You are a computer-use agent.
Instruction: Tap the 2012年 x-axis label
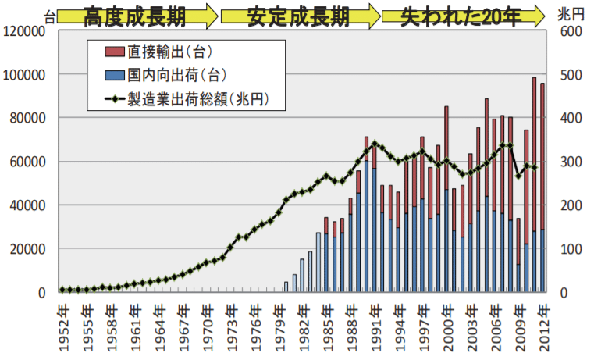point(543,324)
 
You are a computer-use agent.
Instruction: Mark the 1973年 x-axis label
point(230,324)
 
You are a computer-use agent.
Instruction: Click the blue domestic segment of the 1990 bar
point(366,226)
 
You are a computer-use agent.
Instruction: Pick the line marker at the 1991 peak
point(375,144)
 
